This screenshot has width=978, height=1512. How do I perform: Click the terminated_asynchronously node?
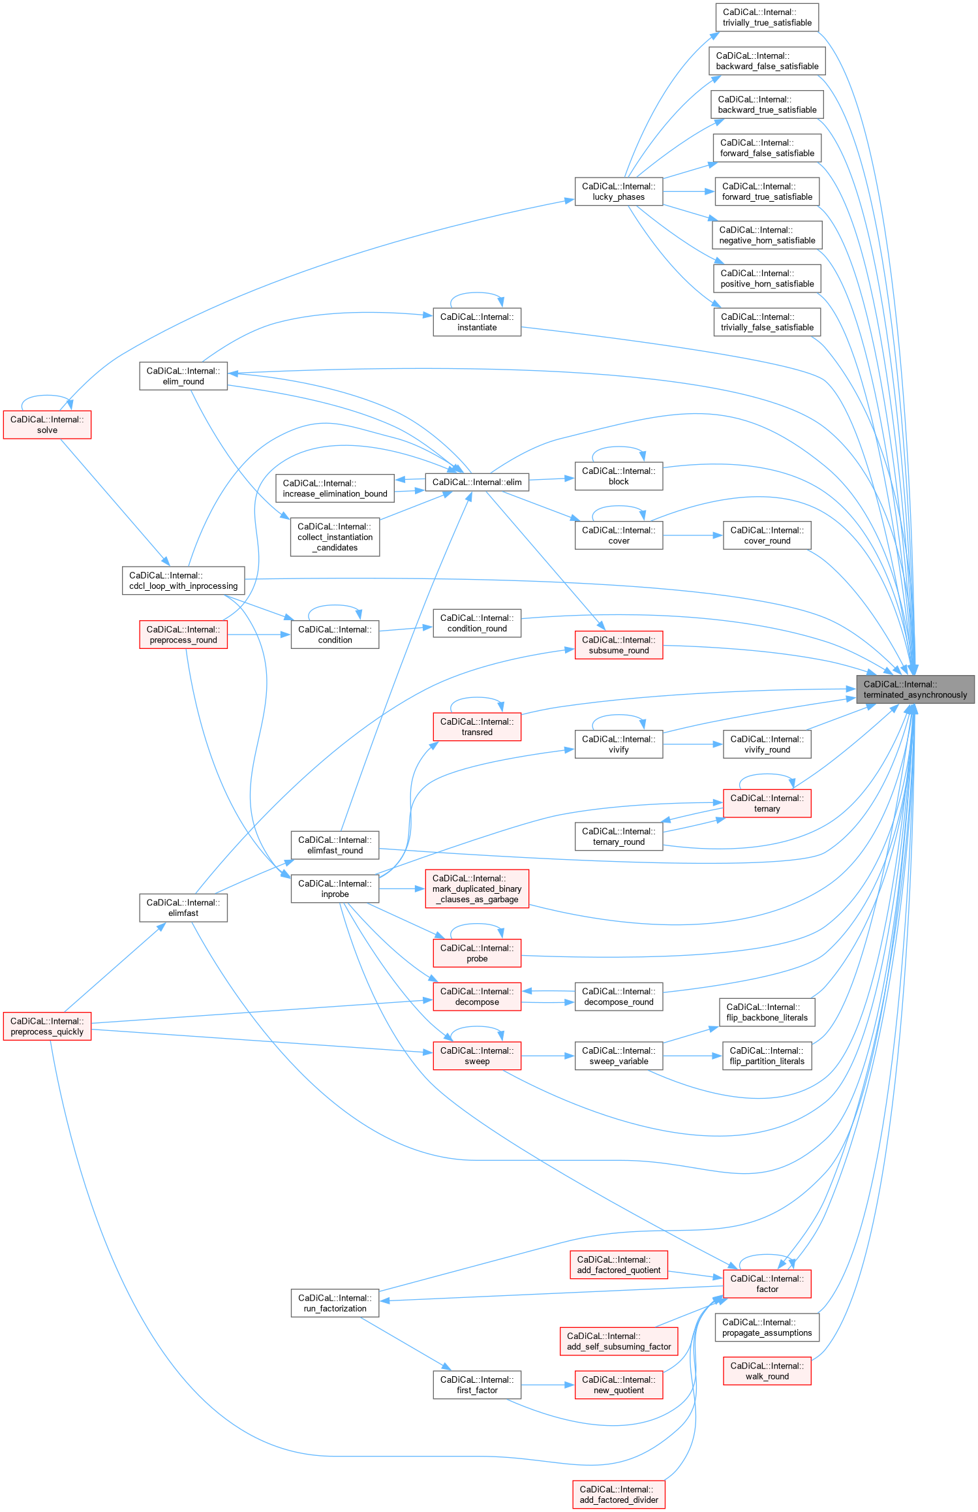click(915, 689)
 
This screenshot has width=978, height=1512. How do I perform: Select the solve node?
click(47, 425)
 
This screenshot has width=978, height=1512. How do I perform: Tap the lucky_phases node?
click(619, 191)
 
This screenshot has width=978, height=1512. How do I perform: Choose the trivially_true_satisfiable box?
click(767, 18)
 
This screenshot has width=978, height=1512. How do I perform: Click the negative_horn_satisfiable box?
click(767, 235)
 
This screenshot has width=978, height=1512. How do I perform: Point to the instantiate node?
click(477, 322)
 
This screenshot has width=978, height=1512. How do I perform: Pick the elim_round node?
click(183, 376)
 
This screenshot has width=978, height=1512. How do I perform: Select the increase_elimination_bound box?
click(335, 488)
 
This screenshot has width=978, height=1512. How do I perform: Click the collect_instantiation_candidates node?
click(335, 537)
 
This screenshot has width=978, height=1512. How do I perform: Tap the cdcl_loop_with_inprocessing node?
click(183, 580)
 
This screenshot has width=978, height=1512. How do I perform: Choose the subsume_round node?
click(619, 645)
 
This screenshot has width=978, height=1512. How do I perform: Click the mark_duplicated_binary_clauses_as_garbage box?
click(477, 889)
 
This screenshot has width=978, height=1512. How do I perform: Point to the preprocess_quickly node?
click(47, 1026)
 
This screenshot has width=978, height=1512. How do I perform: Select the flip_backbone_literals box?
click(767, 1012)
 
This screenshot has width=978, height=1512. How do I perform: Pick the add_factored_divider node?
click(619, 1494)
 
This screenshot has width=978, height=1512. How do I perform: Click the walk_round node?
click(767, 1371)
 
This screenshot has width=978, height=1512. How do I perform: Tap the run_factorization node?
click(335, 1303)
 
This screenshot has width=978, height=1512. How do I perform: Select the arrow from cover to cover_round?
click(693, 535)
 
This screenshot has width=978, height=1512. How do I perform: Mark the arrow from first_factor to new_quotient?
click(548, 1385)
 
